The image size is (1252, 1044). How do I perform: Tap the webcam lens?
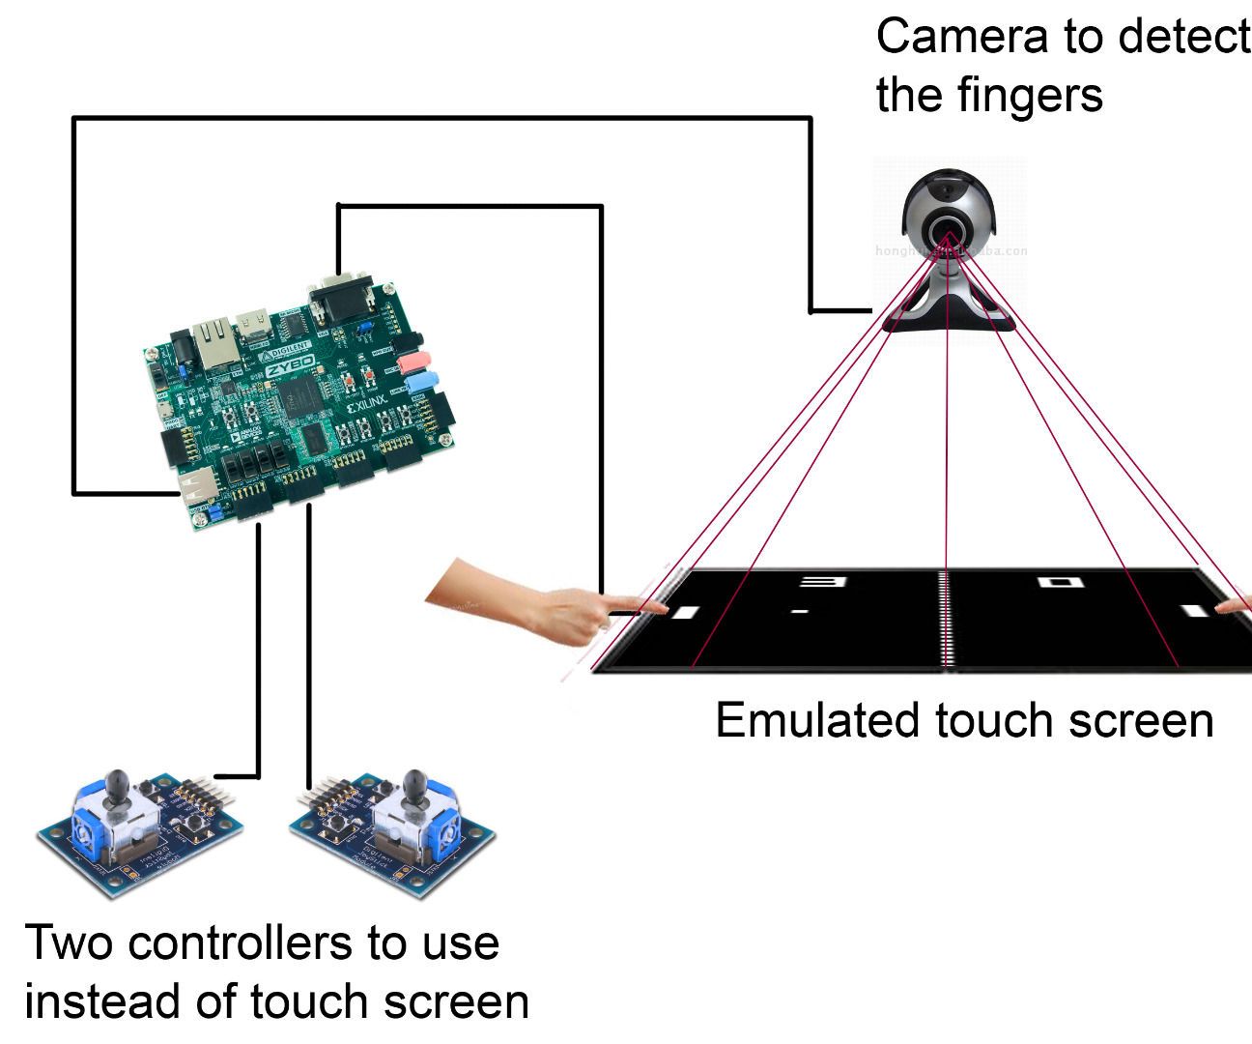pyautogui.click(x=948, y=230)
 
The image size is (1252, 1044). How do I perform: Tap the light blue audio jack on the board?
pyautogui.click(x=422, y=383)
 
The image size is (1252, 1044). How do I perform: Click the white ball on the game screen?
pyautogui.click(x=799, y=611)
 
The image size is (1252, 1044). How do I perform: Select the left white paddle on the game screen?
pyautogui.click(x=684, y=612)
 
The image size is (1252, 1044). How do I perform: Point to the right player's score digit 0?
pyautogui.click(x=1057, y=582)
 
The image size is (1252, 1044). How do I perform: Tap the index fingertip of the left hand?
pyautogui.click(x=661, y=607)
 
